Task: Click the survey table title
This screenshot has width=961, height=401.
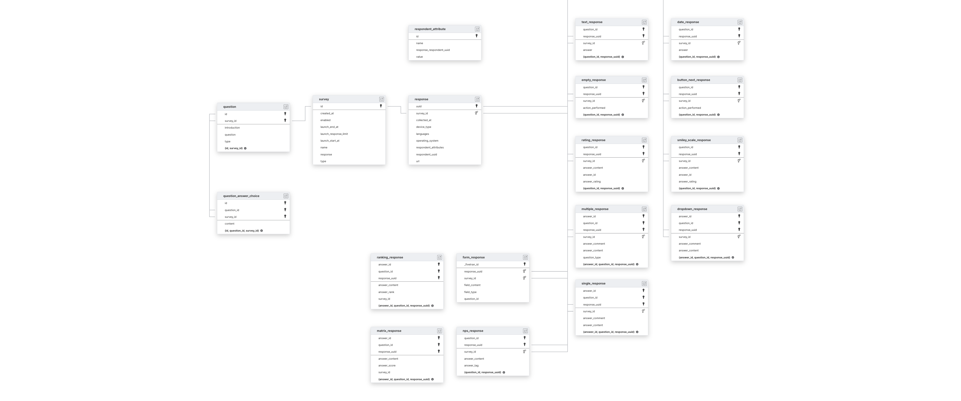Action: click(x=324, y=99)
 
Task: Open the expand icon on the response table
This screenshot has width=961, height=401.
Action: click(x=477, y=99)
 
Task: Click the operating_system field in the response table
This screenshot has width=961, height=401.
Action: click(x=427, y=141)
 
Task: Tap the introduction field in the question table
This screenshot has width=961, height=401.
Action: click(x=232, y=128)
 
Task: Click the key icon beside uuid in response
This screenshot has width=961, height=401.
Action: click(x=476, y=106)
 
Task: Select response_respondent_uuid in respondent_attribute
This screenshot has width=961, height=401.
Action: click(x=433, y=50)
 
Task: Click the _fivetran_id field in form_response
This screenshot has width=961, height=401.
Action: click(x=471, y=264)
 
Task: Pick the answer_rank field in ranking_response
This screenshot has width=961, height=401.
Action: click(x=386, y=292)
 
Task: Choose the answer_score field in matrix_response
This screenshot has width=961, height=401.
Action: click(x=387, y=365)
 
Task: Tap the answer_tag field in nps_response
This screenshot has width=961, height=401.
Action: click(x=471, y=365)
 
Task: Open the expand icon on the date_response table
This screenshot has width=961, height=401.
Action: click(x=740, y=22)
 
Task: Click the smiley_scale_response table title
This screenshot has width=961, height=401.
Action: click(x=694, y=140)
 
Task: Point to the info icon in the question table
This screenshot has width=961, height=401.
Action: click(x=245, y=148)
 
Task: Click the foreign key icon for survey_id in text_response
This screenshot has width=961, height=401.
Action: click(x=643, y=43)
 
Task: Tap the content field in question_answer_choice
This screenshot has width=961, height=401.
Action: click(x=229, y=224)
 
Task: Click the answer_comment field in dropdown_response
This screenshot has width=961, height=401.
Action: click(x=689, y=244)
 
